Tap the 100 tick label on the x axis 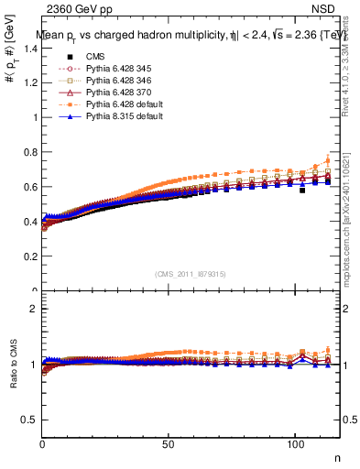[295, 443]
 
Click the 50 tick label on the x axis [169, 443]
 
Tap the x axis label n [336, 456]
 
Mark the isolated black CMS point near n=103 [302, 191]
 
